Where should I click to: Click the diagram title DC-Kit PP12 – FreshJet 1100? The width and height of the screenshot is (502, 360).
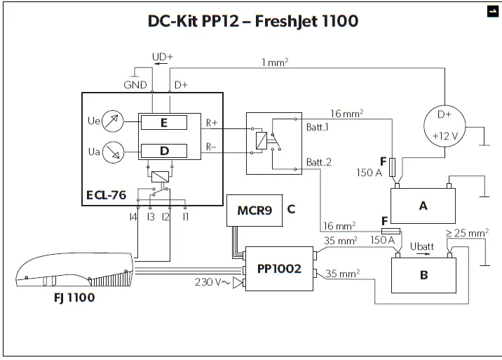[252, 21]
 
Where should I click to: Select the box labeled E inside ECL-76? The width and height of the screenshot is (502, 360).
[163, 123]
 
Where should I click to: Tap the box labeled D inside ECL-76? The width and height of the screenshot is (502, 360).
[163, 151]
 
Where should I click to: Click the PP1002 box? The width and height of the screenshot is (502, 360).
[278, 268]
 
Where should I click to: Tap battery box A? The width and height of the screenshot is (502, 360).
[423, 205]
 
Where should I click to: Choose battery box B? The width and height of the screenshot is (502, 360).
[423, 275]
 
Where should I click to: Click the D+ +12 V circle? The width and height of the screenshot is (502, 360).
[445, 125]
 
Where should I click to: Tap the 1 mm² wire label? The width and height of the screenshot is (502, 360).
[276, 62]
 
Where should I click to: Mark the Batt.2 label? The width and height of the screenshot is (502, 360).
[318, 162]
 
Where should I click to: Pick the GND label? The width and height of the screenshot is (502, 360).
[135, 85]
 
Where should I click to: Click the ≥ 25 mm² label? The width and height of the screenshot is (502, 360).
[468, 232]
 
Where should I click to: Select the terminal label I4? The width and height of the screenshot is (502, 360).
[133, 218]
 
